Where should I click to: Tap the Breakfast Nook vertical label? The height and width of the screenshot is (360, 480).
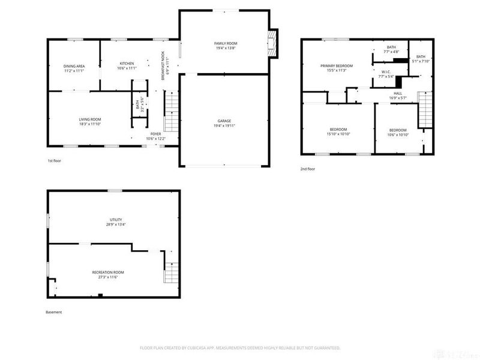(163, 64)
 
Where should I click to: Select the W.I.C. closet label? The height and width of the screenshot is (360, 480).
(386, 74)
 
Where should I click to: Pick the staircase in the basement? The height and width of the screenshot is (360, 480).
(172, 274)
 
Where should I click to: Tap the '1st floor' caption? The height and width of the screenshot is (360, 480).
(55, 161)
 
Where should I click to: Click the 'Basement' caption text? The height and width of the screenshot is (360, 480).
(54, 312)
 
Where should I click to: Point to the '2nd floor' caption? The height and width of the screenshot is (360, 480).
(308, 169)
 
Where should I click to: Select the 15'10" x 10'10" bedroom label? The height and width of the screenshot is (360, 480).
(338, 132)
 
